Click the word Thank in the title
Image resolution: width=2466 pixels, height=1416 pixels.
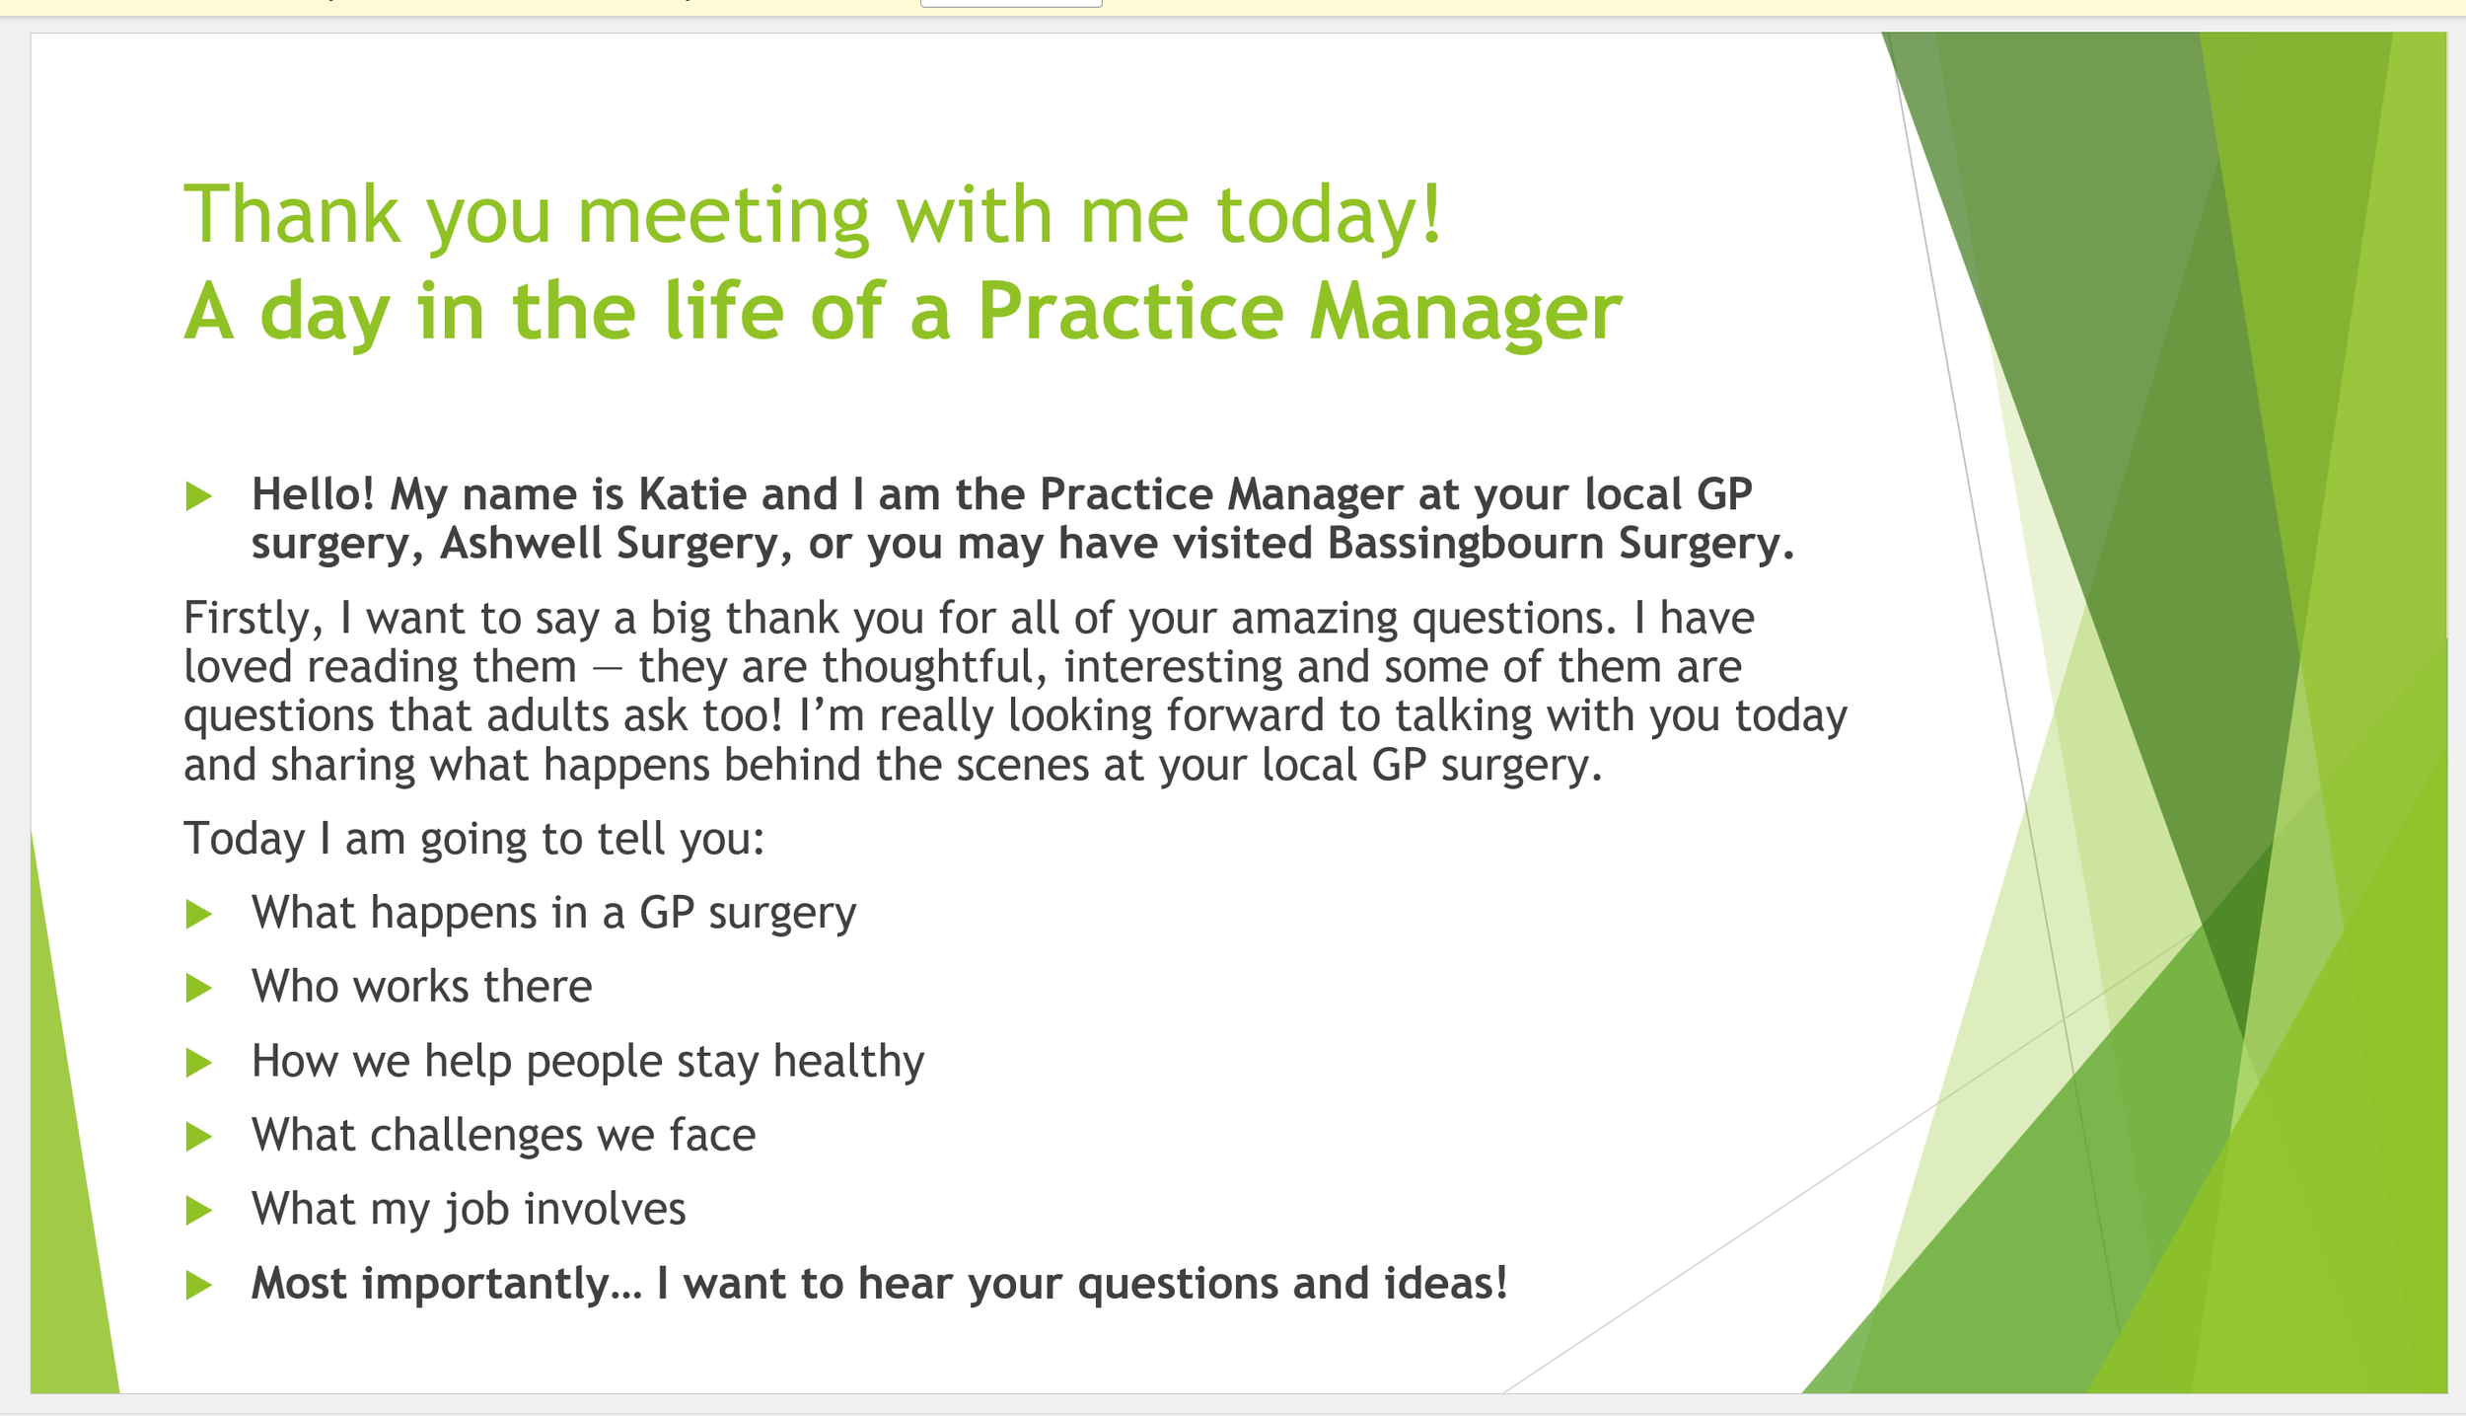(292, 214)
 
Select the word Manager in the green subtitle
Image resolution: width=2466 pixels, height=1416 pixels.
(1465, 313)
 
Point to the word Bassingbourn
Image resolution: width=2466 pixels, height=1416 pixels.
(1465, 545)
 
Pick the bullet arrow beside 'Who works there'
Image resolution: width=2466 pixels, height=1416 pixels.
(199, 988)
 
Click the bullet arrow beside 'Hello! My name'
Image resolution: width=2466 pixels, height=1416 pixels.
(199, 495)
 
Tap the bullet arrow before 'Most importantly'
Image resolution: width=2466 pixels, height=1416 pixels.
(199, 1285)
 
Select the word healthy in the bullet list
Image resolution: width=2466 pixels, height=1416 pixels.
(848, 1063)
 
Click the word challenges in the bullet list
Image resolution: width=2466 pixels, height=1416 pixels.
(476, 1136)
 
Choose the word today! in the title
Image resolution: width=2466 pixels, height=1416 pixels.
(1329, 216)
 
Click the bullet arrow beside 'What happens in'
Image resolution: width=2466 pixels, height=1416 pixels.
(199, 914)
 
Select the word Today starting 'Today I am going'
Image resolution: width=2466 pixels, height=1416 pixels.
(245, 840)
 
